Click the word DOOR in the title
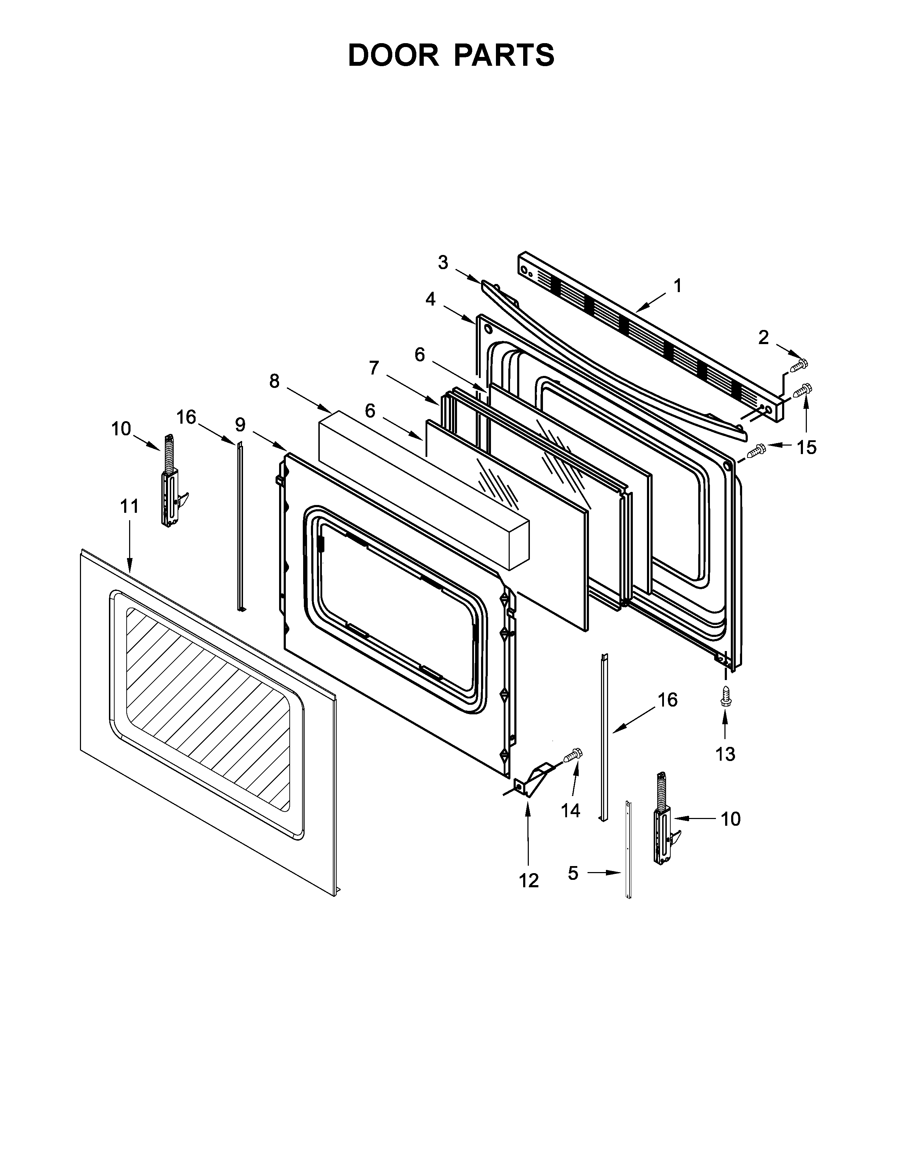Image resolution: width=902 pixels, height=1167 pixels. (393, 55)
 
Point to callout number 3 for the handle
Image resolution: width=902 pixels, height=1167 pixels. (443, 262)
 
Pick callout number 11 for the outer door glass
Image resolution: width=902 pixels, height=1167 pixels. (129, 506)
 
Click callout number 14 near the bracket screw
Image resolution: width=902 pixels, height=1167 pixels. (570, 810)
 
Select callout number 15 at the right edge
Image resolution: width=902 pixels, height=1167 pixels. (806, 447)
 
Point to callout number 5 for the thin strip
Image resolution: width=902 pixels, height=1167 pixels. (573, 873)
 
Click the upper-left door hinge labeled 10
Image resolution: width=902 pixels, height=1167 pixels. (170, 481)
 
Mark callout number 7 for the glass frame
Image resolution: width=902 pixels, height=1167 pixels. (374, 368)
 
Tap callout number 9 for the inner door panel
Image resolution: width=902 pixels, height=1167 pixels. (240, 425)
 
